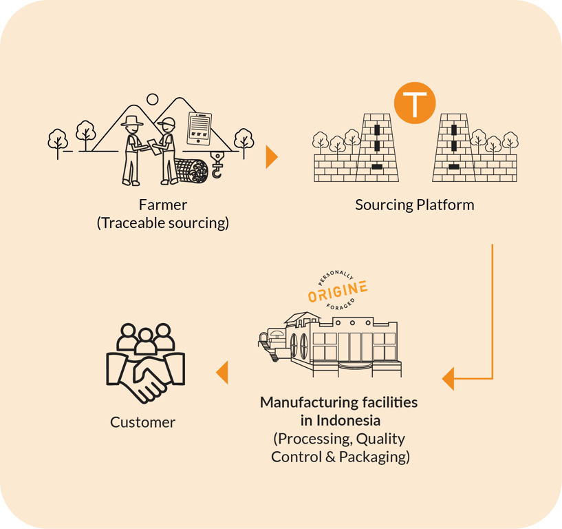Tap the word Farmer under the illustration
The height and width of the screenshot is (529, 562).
click(x=162, y=205)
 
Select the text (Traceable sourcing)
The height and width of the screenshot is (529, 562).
click(x=162, y=222)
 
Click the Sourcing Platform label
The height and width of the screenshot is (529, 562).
click(x=415, y=205)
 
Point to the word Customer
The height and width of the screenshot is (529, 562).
click(x=142, y=422)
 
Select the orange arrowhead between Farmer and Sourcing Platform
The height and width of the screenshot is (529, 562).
click(x=271, y=157)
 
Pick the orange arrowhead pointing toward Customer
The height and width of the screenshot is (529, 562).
click(x=222, y=373)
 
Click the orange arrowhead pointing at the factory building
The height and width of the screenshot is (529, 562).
click(x=448, y=378)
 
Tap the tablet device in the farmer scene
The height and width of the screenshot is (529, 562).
click(x=199, y=128)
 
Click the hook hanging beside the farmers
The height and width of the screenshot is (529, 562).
click(x=217, y=165)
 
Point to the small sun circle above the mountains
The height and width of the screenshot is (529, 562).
click(x=153, y=99)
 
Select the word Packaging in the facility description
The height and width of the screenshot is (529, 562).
click(x=377, y=456)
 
